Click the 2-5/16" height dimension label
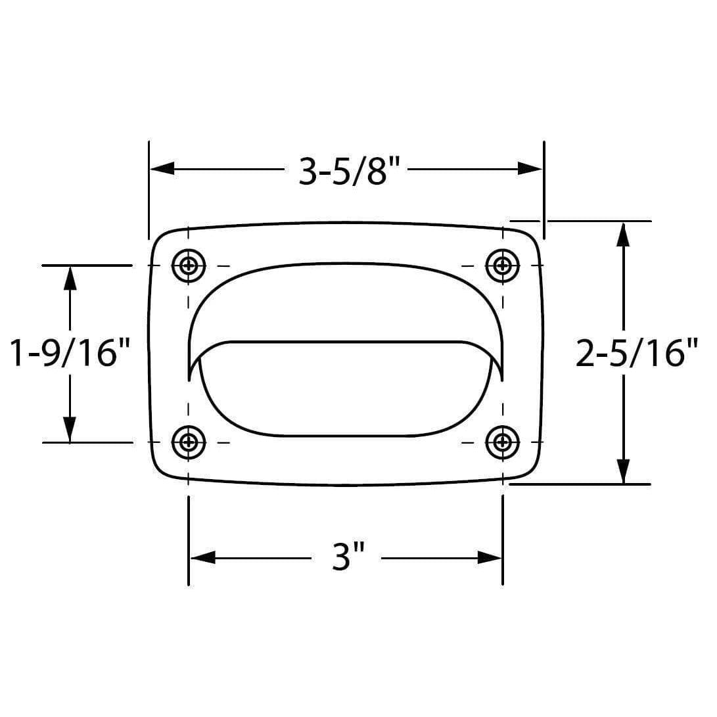pos(636,353)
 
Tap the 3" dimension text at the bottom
pos(347,558)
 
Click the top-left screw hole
pos(189,266)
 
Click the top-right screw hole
pos(503,266)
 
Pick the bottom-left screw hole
pos(189,442)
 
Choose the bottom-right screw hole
pos(503,442)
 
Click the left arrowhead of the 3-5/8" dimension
pos(162,169)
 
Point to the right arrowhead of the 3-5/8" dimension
pos(530,169)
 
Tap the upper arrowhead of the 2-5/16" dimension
pos(623,234)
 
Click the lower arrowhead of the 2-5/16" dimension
pos(623,472)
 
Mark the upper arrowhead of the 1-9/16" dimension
pos(70,278)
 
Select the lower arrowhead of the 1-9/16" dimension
pos(70,430)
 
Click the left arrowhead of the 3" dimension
pos(202,558)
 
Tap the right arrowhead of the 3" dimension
pos(490,558)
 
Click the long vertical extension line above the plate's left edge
pos(149,191)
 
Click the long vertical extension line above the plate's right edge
pos(544,191)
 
